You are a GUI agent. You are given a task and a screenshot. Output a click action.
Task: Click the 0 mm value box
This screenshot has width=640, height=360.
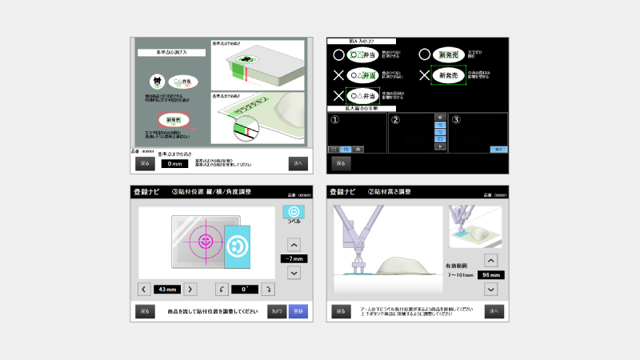[174, 163]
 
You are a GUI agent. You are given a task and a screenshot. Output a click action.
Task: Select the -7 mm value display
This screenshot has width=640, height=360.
[294, 258]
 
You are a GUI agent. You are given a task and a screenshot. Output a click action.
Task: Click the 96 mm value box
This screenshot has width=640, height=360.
[490, 274]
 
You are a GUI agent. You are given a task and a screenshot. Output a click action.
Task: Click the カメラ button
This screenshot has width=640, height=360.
[277, 311]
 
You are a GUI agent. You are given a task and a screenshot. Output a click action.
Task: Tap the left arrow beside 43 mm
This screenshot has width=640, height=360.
[144, 289]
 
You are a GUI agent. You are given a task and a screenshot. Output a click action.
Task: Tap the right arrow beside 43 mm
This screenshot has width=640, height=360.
[191, 289]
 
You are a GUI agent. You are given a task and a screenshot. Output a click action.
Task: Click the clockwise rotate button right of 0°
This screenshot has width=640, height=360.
[269, 289]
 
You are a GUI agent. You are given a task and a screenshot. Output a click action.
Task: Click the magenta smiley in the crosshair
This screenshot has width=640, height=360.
[206, 239]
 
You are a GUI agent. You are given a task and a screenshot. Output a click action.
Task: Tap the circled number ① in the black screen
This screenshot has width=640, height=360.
[335, 120]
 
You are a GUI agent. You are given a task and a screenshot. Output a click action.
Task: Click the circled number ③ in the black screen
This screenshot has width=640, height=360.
[456, 120]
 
